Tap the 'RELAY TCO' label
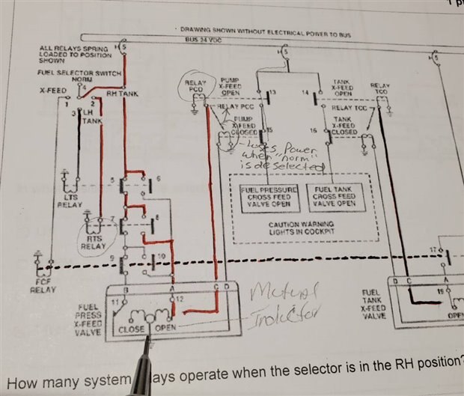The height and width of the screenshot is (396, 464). (x=381, y=91)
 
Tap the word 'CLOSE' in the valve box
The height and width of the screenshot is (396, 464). (x=131, y=329)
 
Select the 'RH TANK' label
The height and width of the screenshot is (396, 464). (x=122, y=94)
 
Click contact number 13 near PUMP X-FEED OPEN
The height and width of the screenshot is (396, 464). (x=272, y=92)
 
